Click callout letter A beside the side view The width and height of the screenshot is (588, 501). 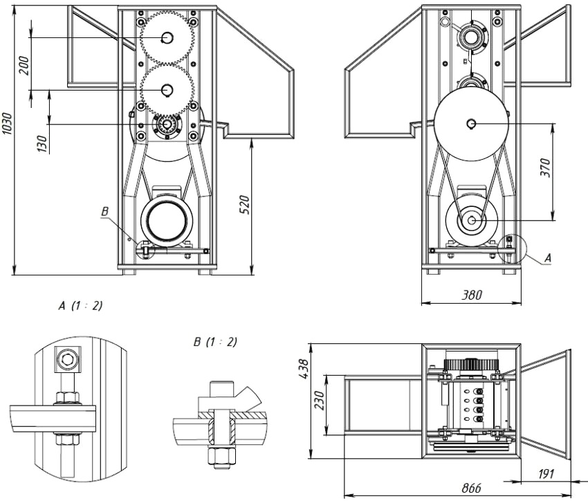click(548, 257)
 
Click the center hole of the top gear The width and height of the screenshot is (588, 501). click(167, 37)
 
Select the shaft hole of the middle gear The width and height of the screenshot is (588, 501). click(167, 89)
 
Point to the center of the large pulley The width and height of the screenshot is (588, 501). click(470, 123)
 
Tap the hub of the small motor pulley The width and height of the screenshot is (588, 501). click(471, 221)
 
